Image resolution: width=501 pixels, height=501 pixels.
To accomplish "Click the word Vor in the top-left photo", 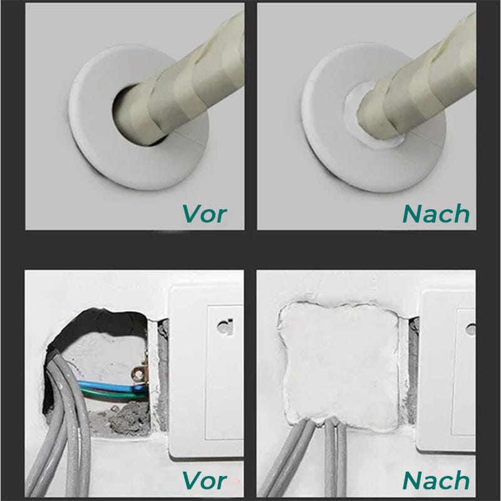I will pyautogui.click(x=204, y=214).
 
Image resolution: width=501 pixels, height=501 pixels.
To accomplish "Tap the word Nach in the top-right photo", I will pyautogui.click(x=436, y=214).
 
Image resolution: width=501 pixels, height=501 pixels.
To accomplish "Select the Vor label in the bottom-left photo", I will pyautogui.click(x=204, y=480).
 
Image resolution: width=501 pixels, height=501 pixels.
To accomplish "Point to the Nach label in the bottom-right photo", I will pyautogui.click(x=436, y=480).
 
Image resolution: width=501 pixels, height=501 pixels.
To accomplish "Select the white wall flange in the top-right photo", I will pyautogui.click(x=332, y=157).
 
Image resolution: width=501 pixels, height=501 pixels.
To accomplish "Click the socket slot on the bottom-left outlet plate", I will pyautogui.click(x=222, y=326).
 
